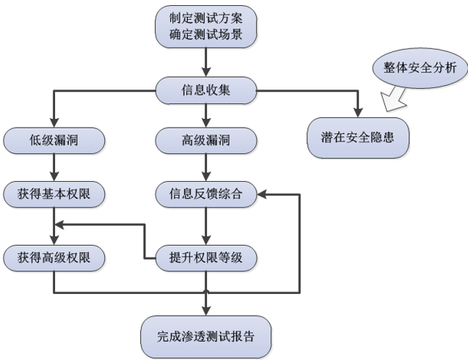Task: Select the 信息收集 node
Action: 205,91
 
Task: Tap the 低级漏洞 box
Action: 52,139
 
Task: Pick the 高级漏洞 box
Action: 205,139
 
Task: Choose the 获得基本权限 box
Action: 52,194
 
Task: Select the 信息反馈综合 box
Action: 205,194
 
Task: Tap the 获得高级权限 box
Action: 52,257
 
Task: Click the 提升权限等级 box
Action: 205,257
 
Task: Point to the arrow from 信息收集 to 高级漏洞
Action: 205,114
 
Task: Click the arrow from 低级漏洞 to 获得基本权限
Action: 52,166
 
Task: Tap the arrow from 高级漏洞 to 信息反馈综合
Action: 205,166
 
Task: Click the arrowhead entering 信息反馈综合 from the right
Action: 260,194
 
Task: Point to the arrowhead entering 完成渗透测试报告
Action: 205,308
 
